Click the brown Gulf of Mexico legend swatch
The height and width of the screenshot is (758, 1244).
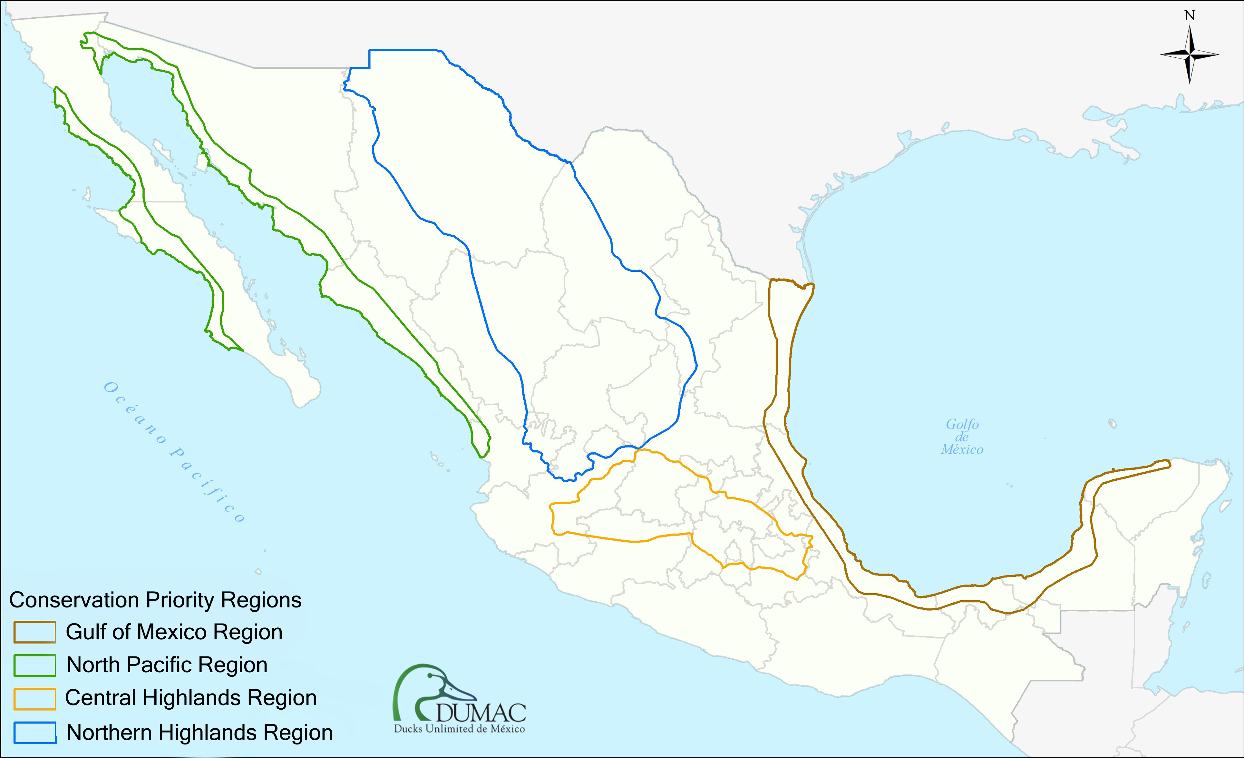coord(34,632)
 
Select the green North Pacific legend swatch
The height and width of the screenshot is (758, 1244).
coord(34,665)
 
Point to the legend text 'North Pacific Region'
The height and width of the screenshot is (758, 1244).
coord(167,665)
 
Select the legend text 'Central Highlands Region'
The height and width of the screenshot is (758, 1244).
coord(191,698)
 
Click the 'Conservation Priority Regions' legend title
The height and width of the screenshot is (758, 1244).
coord(155,600)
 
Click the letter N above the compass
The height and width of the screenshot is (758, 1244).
coord(1190,16)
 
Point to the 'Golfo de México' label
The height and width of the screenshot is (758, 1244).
coord(962,437)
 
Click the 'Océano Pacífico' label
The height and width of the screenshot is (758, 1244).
coord(174,452)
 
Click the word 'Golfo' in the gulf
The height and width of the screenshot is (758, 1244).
coord(962,424)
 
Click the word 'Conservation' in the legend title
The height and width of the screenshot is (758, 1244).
coord(74,600)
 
